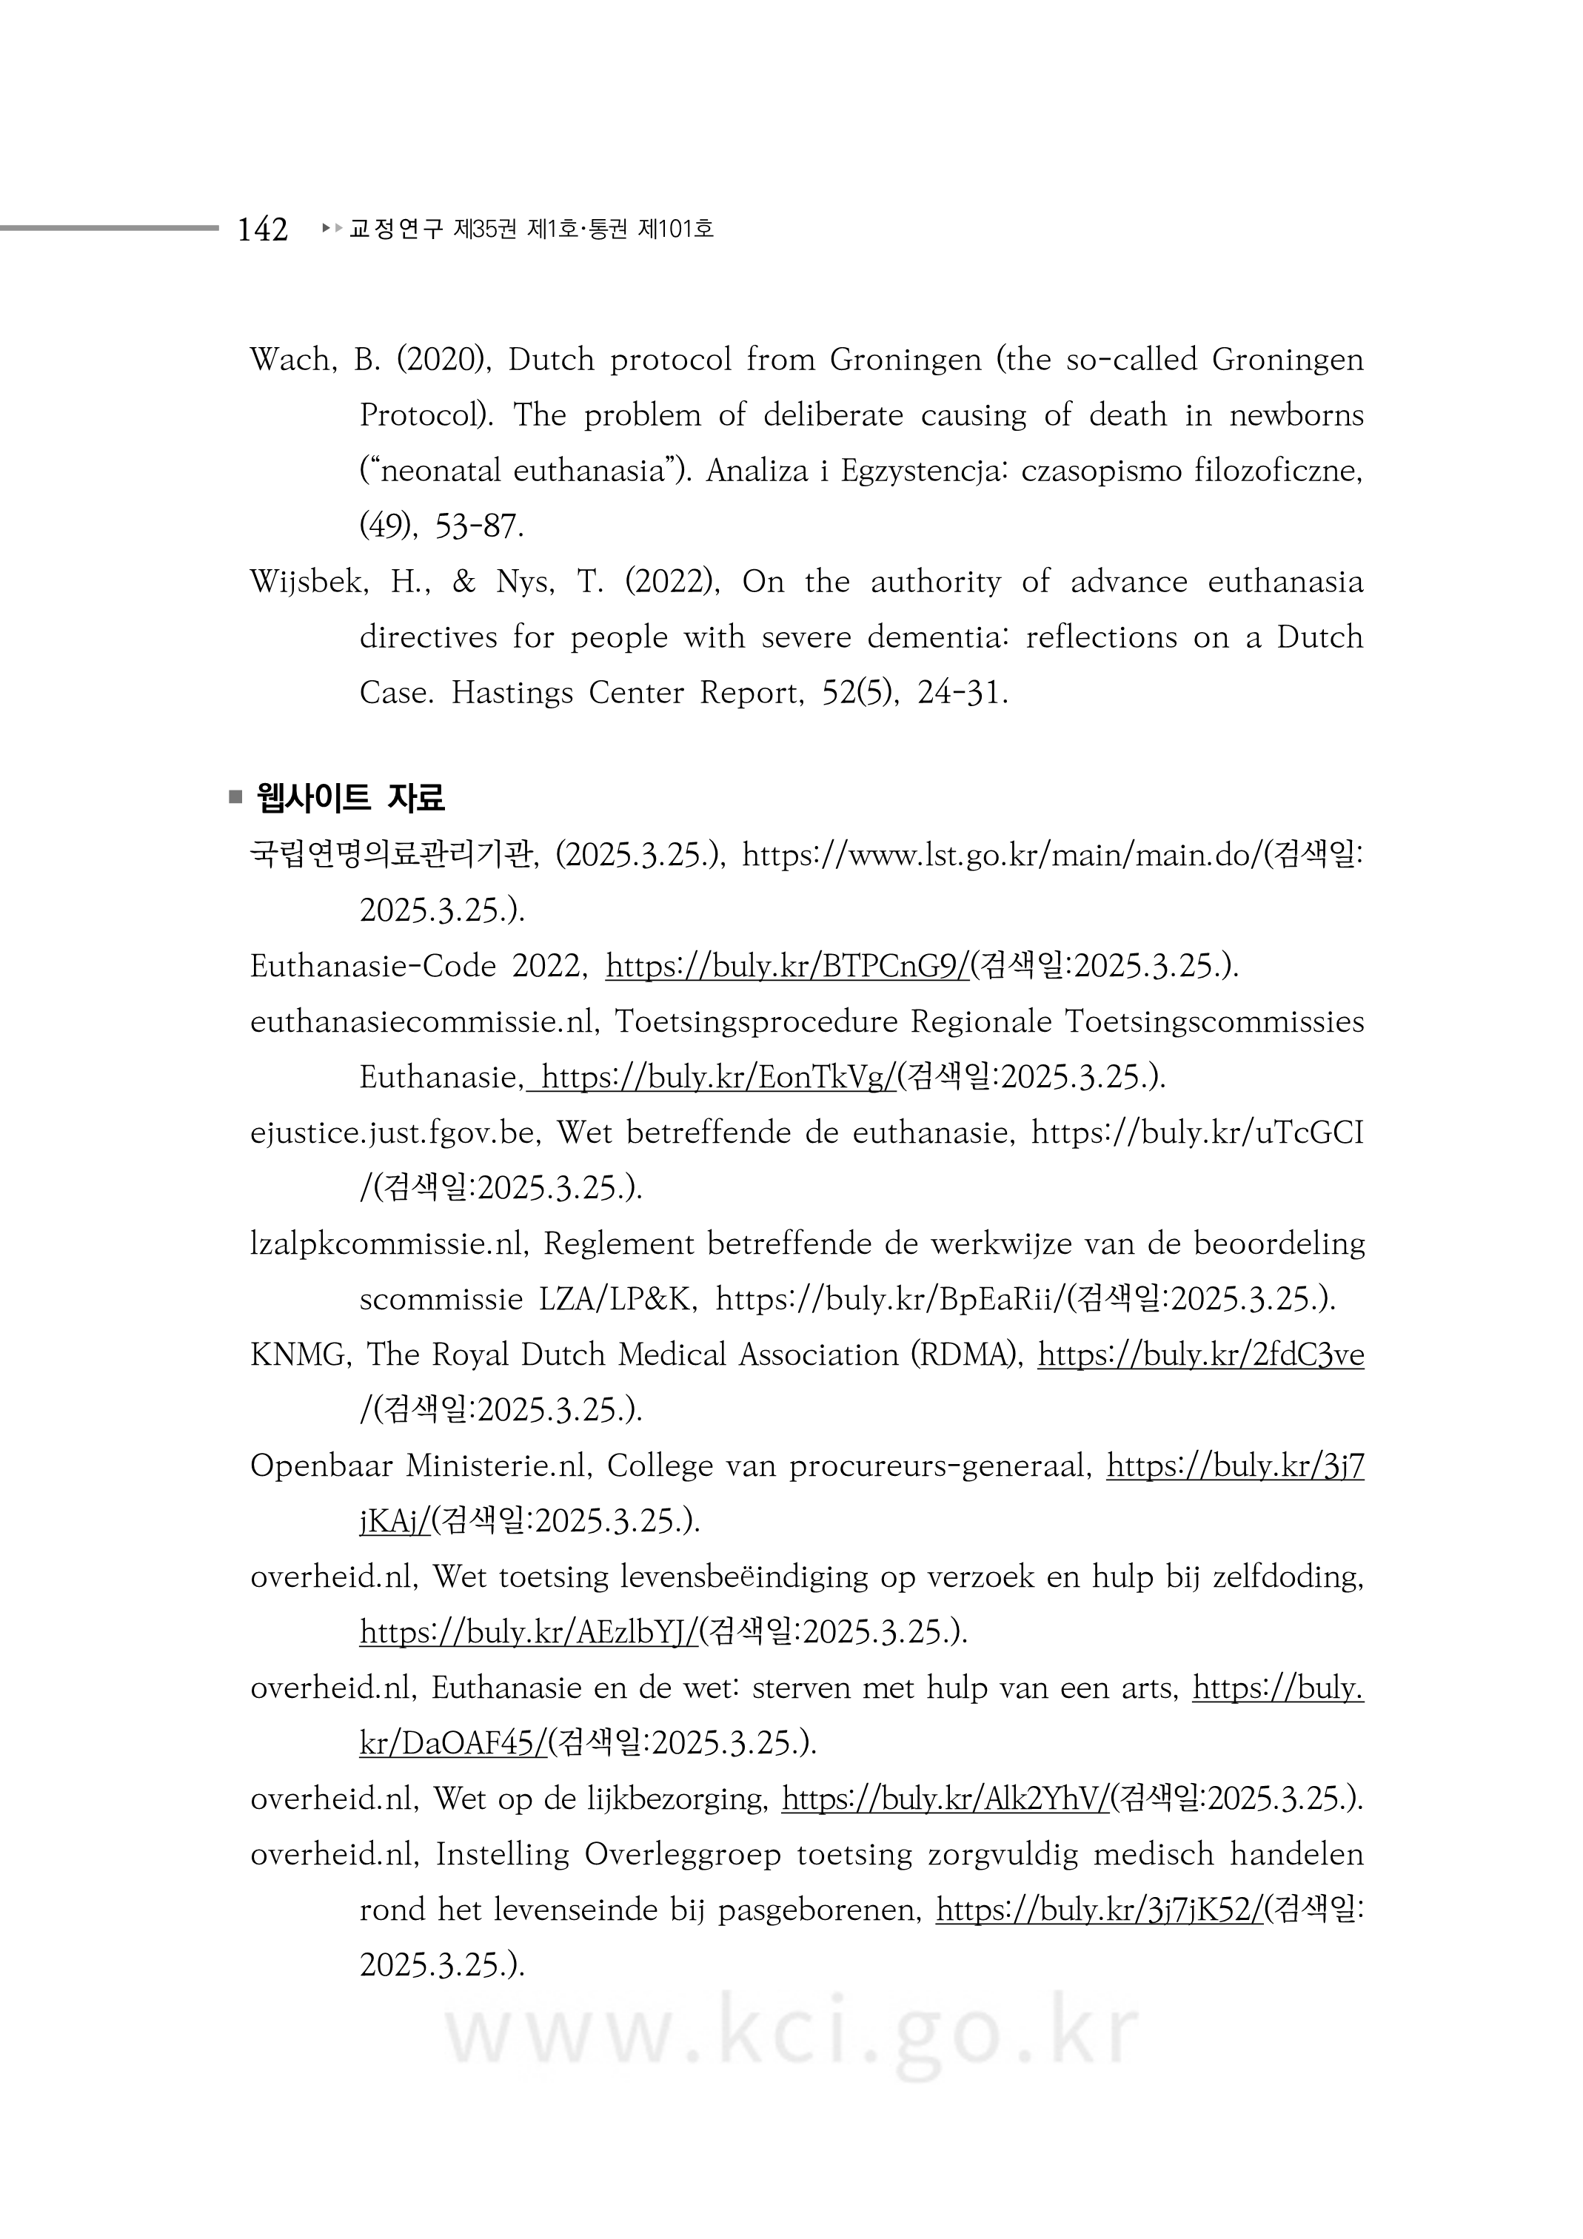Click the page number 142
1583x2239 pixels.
(262, 229)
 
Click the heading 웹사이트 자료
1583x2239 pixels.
(349, 798)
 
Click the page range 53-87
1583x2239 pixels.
(479, 526)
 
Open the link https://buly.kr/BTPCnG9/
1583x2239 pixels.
(787, 967)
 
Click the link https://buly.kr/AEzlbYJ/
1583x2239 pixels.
(529, 1633)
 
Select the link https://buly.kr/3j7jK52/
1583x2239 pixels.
(1100, 1910)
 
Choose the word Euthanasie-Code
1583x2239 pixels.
(374, 967)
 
